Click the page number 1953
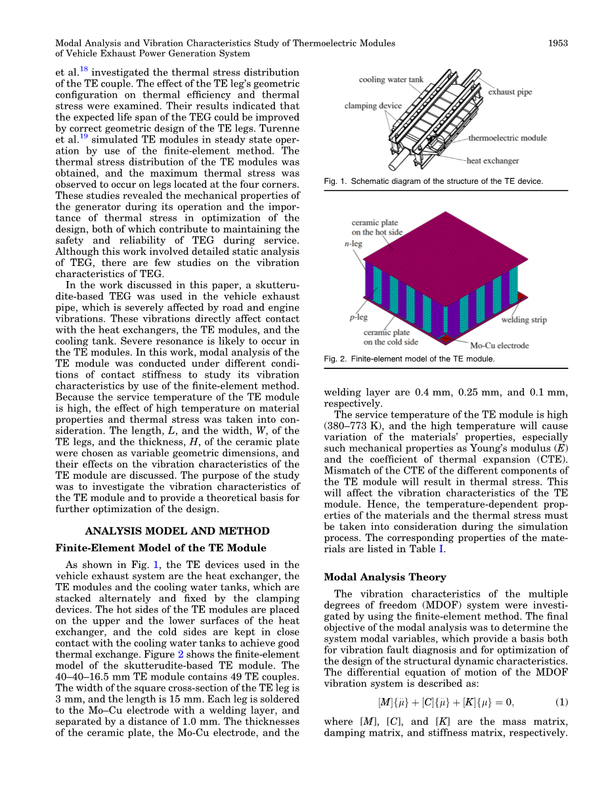(x=557, y=43)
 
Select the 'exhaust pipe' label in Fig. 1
(x=509, y=93)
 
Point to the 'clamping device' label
(x=373, y=106)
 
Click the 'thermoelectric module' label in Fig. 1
(x=507, y=139)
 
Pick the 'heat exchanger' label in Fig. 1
(x=492, y=160)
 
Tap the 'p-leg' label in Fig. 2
(x=358, y=317)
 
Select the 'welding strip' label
(x=523, y=320)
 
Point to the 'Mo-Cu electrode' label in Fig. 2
(x=499, y=345)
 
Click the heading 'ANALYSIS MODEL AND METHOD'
(x=177, y=531)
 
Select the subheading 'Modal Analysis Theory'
(x=385, y=577)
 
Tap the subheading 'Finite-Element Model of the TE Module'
(x=161, y=548)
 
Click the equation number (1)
(x=561, y=702)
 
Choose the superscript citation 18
(x=83, y=69)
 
